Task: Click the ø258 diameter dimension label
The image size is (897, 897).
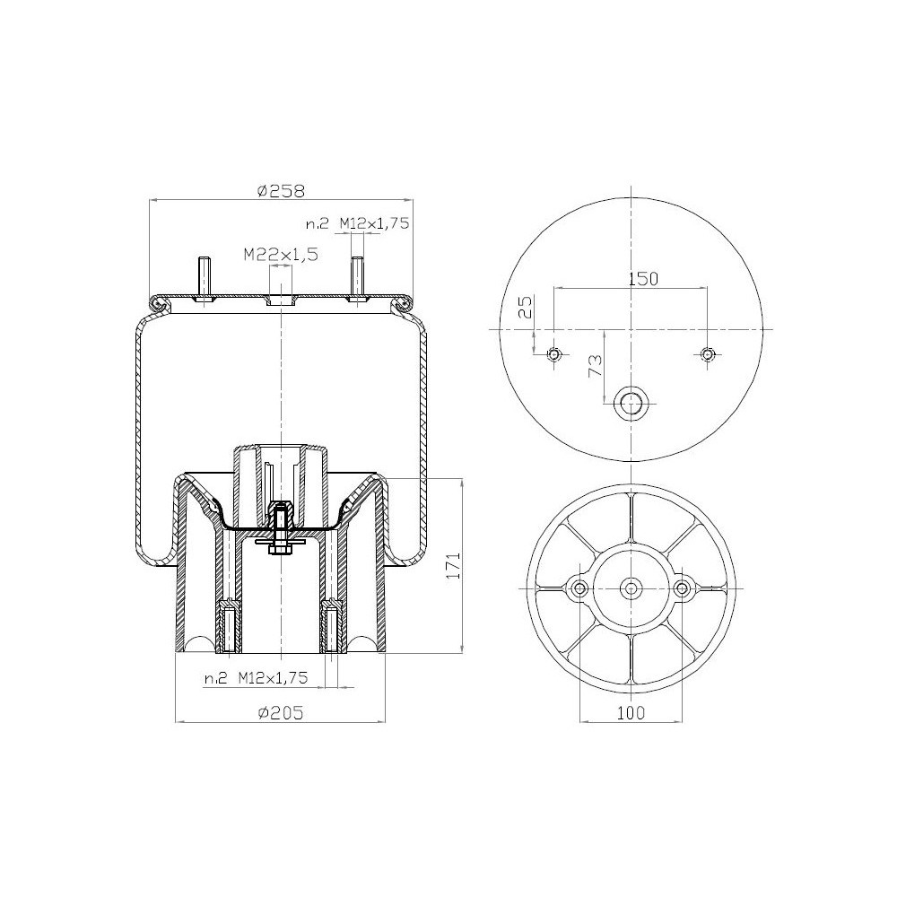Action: pyautogui.click(x=281, y=190)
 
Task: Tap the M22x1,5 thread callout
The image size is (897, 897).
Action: pyautogui.click(x=281, y=255)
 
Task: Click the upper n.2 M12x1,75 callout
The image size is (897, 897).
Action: pyautogui.click(x=356, y=224)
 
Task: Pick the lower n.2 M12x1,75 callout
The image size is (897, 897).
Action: pyautogui.click(x=256, y=679)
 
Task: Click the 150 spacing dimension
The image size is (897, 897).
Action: pyautogui.click(x=642, y=279)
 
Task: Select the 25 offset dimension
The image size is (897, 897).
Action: pyautogui.click(x=527, y=307)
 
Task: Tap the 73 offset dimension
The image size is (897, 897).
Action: pyautogui.click(x=594, y=365)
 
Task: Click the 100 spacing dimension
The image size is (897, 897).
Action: pyautogui.click(x=631, y=713)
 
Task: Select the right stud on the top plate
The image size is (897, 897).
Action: pyautogui.click(x=357, y=276)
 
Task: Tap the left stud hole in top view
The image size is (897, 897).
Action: pyautogui.click(x=554, y=355)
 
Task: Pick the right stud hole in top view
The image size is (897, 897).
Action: pyautogui.click(x=709, y=355)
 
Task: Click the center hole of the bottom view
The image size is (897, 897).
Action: pyautogui.click(x=632, y=588)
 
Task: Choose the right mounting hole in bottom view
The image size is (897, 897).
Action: pyautogui.click(x=683, y=588)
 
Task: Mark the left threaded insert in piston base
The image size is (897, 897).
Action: pyautogui.click(x=229, y=628)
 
